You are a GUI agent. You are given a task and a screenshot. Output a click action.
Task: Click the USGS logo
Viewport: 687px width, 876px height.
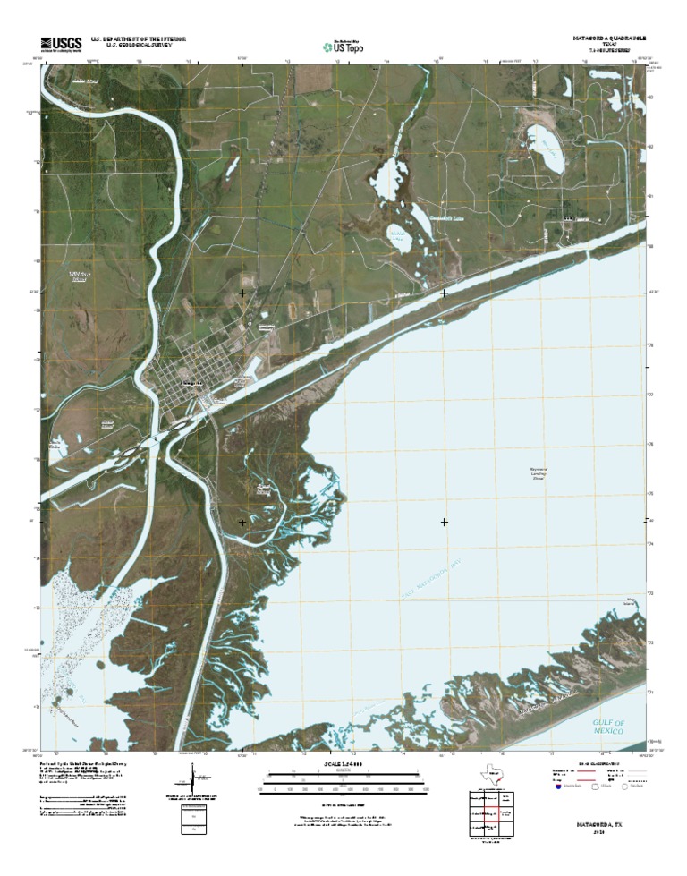point(61,43)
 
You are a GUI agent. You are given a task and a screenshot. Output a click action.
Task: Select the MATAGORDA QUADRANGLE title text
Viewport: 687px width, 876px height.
point(609,40)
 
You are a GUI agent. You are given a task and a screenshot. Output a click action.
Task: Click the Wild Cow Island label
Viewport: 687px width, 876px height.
point(81,276)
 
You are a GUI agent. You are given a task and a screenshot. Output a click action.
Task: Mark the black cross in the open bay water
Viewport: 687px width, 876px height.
point(445,521)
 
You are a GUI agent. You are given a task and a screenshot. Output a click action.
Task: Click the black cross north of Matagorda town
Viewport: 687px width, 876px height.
point(242,293)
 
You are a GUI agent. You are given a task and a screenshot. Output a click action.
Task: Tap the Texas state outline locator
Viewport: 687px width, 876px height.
point(491,774)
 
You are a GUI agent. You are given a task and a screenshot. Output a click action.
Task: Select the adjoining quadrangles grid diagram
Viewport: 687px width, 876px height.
point(491,814)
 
